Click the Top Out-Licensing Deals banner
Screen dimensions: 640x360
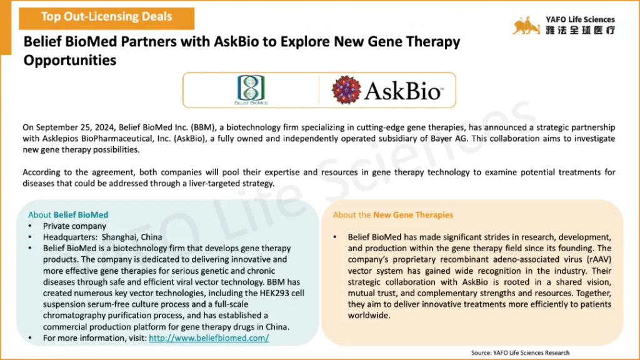coord(106,18)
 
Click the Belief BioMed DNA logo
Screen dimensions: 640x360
coord(251,90)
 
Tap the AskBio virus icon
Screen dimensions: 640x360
coord(346,90)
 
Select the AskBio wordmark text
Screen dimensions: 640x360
coord(403,91)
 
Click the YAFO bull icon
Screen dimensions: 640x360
coord(526,25)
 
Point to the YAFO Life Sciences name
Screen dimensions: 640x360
coord(580,19)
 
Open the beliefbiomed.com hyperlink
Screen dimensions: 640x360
coord(209,338)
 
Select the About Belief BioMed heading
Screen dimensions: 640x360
coord(68,215)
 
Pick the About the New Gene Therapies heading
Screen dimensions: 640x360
coord(393,215)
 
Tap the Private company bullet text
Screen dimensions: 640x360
coord(75,226)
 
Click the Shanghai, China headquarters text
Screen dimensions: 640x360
coord(132,237)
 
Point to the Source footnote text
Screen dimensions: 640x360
coord(521,352)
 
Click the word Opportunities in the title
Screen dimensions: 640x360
coord(70,61)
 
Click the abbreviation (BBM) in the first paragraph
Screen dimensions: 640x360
coord(202,127)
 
